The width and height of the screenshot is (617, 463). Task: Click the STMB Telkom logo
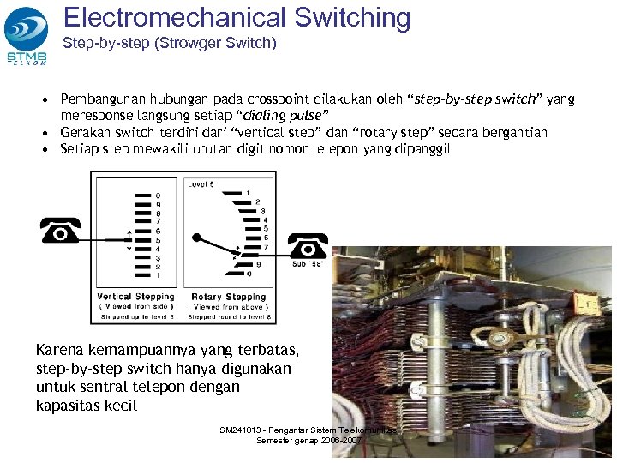tap(27, 34)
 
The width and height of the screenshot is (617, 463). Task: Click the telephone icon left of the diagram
tap(61, 231)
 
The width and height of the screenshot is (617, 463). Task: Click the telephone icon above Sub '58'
tap(307, 246)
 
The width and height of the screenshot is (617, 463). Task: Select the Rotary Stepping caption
tap(230, 297)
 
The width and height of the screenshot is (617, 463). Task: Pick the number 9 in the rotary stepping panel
tap(259, 265)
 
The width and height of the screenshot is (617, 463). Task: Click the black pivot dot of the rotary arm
tap(197, 236)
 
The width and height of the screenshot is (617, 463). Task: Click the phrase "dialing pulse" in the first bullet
tap(264, 116)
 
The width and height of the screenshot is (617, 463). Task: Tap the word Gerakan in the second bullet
tap(87, 132)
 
